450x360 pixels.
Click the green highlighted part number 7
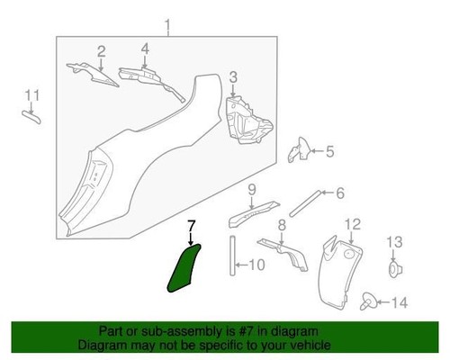[x=183, y=269]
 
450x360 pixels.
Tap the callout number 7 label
[x=192, y=226]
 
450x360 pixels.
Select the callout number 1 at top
[x=167, y=26]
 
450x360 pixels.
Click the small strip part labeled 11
[x=31, y=117]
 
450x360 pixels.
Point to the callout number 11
[x=31, y=95]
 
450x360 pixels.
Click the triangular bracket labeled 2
[x=92, y=74]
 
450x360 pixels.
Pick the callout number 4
[x=145, y=49]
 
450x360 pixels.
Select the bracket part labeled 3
[x=247, y=120]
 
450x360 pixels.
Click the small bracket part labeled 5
[x=298, y=150]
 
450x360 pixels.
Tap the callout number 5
[x=330, y=151]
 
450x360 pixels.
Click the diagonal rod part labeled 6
[x=305, y=203]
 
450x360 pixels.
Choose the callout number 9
[x=252, y=190]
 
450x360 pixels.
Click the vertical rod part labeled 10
[x=233, y=256]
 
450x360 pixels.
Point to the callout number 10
[x=257, y=265]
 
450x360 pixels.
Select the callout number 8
[x=282, y=225]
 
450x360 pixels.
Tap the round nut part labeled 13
[x=394, y=269]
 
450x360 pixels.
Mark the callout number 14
[x=400, y=302]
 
